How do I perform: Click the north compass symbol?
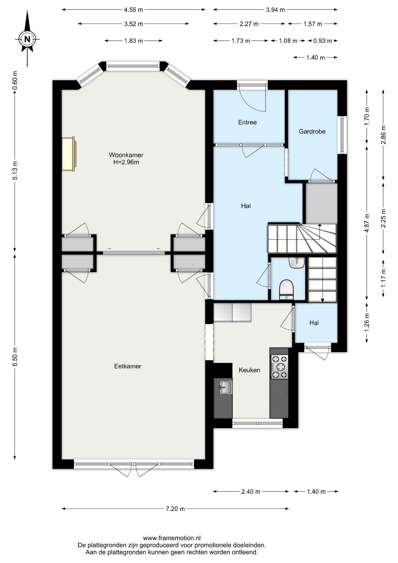[x=27, y=39]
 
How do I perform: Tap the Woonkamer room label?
[x=126, y=155]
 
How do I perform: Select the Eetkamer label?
[x=128, y=366]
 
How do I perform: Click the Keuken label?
[x=249, y=370]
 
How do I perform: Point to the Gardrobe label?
[x=312, y=131]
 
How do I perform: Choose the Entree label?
[x=247, y=122]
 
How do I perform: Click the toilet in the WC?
[x=286, y=290]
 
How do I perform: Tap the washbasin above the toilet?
[x=297, y=262]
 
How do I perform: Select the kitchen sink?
[x=225, y=387]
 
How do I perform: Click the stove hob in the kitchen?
[x=280, y=367]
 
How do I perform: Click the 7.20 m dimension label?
[x=175, y=509]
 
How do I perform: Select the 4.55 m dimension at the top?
[x=133, y=10]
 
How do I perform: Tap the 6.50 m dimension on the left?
[x=15, y=357]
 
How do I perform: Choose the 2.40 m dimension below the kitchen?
[x=251, y=492]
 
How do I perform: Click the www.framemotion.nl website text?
[x=172, y=538]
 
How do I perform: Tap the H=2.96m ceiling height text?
[x=126, y=162]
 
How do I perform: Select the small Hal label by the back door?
[x=314, y=323]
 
